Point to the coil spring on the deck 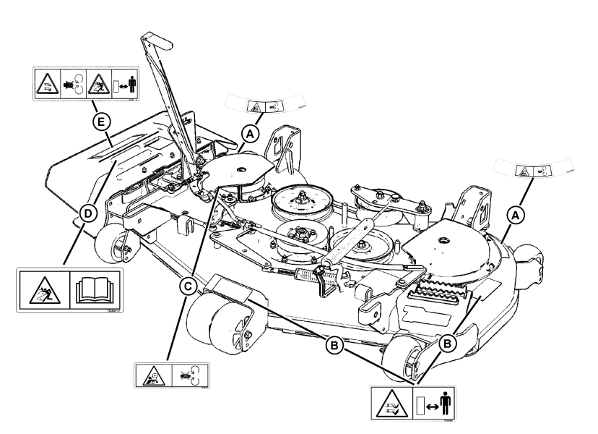[308, 276]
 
